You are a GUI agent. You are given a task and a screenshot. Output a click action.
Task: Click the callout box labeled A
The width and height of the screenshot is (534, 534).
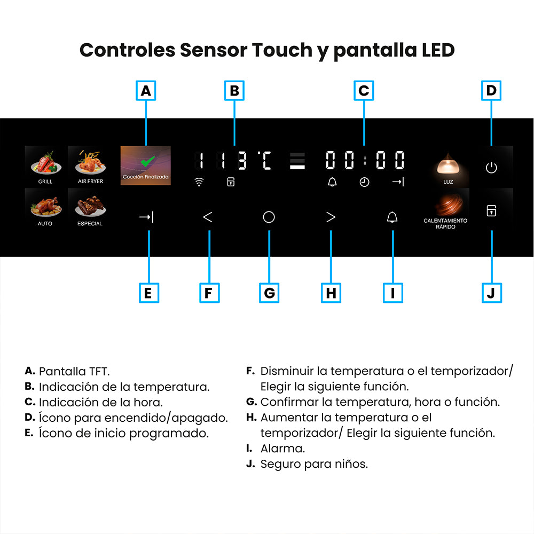(x=146, y=91)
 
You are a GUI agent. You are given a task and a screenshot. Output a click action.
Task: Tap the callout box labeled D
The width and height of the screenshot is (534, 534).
(x=491, y=91)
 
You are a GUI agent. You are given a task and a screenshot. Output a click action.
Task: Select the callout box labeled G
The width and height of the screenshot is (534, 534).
(x=269, y=293)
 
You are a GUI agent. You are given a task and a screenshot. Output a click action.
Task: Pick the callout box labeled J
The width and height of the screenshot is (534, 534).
(x=492, y=293)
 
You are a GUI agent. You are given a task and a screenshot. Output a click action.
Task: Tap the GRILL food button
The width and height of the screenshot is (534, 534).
(x=45, y=166)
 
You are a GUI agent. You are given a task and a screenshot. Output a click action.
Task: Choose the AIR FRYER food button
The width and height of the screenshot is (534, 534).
(x=90, y=166)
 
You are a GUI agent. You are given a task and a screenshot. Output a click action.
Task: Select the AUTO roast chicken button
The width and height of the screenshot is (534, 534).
(x=45, y=208)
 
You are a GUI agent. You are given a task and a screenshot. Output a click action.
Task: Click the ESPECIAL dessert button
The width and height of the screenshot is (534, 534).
(x=90, y=208)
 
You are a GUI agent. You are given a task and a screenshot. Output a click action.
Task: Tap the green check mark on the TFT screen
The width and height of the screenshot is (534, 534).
(x=147, y=161)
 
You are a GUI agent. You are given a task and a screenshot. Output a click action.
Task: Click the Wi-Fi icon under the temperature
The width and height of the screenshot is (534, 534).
(x=199, y=182)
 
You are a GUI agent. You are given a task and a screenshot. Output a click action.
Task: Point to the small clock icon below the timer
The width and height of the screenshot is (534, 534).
(x=364, y=182)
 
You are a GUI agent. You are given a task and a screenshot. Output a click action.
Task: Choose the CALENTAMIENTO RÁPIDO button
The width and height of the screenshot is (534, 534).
(x=445, y=209)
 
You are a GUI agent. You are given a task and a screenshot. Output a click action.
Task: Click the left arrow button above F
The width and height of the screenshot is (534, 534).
(x=208, y=217)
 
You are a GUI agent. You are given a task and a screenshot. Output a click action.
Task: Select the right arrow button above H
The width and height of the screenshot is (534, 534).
(x=331, y=217)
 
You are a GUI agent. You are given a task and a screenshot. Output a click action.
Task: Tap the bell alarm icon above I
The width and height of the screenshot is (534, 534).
(x=392, y=217)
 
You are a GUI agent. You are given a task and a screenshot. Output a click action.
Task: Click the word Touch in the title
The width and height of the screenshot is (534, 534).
(x=282, y=50)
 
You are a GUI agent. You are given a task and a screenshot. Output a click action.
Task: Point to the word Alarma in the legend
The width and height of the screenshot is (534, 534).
(x=282, y=449)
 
